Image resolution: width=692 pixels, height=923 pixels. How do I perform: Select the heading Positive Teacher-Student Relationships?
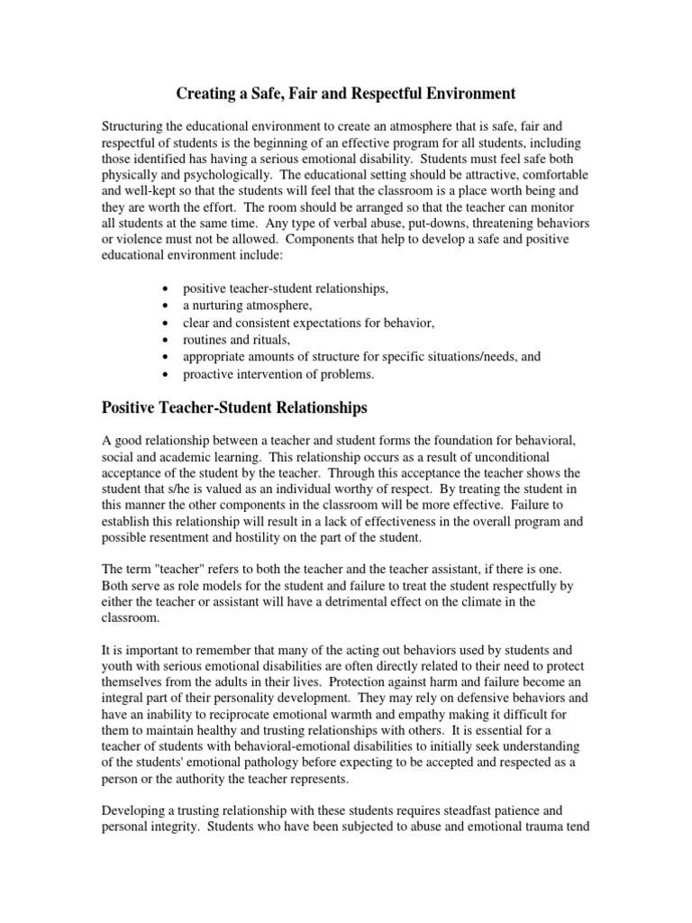pyautogui.click(x=234, y=408)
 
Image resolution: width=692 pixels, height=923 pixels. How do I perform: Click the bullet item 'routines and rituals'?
pyautogui.click(x=237, y=340)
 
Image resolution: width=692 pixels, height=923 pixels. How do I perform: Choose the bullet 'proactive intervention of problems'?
pyautogui.click(x=278, y=374)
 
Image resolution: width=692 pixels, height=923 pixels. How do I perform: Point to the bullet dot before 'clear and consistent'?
pyautogui.click(x=162, y=323)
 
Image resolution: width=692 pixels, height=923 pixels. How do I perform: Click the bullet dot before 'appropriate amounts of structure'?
pyautogui.click(x=162, y=357)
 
